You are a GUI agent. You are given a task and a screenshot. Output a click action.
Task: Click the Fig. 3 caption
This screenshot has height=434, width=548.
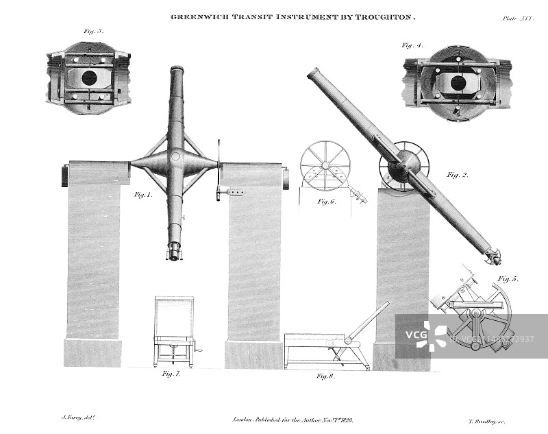tap(93, 32)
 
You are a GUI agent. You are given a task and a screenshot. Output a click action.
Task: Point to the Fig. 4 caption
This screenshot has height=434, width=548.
tap(412, 45)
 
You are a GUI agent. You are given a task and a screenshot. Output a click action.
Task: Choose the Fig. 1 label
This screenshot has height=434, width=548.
tap(142, 195)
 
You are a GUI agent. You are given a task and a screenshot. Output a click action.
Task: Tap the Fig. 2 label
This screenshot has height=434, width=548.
tap(458, 175)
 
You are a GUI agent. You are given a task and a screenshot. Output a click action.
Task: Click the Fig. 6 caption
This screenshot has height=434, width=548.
tap(326, 202)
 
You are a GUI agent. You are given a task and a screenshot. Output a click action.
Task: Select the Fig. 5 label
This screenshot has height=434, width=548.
tap(508, 279)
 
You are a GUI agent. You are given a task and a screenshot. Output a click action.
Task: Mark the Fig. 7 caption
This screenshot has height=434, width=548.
tap(171, 374)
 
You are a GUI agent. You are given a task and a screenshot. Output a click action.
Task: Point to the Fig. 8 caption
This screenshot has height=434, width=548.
tap(326, 376)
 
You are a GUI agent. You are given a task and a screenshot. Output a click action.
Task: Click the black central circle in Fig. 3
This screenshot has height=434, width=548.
tap(89, 78)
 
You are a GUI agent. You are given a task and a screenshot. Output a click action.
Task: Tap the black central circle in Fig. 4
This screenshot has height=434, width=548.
tap(458, 83)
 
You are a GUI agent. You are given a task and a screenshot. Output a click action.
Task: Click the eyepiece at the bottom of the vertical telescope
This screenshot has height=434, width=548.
tap(174, 252)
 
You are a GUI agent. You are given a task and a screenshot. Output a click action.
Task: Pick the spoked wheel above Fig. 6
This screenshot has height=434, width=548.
tap(325, 165)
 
